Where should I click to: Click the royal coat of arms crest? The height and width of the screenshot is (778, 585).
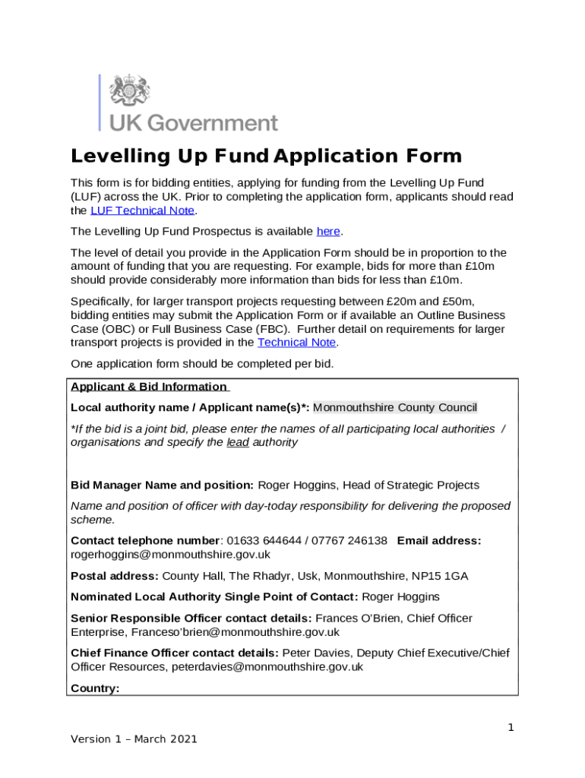(x=130, y=92)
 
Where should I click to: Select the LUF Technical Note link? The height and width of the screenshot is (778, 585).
(x=142, y=210)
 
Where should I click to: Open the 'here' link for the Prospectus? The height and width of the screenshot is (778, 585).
(x=327, y=231)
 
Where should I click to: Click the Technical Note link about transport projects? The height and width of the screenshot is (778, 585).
(x=296, y=342)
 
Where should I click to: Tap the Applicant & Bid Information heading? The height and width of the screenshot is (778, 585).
(x=148, y=386)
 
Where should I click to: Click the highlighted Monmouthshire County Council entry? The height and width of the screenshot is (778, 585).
(x=395, y=407)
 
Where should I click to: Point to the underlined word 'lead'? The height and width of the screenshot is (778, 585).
(x=238, y=442)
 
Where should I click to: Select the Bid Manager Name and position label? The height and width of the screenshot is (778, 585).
(x=162, y=485)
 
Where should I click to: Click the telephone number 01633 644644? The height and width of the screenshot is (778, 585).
(x=266, y=540)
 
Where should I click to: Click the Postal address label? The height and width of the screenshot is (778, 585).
(x=115, y=576)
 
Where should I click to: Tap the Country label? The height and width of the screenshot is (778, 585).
(x=95, y=688)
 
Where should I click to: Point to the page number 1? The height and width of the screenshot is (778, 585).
(x=511, y=727)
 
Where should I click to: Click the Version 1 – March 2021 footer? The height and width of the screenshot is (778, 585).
(x=134, y=738)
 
